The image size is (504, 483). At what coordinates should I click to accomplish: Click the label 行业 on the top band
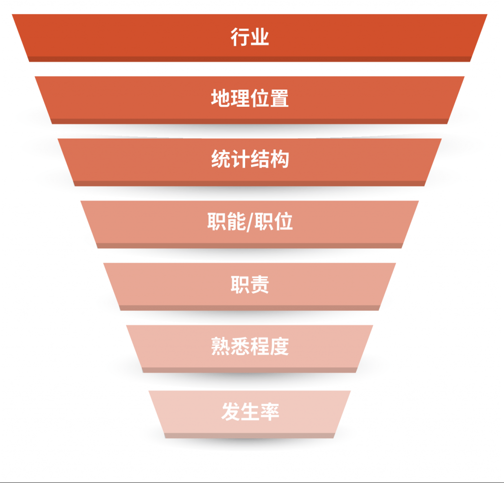tap(250, 37)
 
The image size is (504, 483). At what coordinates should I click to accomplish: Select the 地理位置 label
tap(250, 99)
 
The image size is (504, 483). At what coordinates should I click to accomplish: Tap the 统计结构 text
tap(250, 160)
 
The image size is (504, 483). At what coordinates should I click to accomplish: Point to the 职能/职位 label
tap(250, 222)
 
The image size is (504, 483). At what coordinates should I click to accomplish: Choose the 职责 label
tap(250, 285)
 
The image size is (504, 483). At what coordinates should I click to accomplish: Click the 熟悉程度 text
tap(250, 347)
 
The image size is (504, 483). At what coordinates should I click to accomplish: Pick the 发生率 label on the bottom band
tap(250, 411)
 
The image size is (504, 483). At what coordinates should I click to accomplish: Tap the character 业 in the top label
tap(260, 37)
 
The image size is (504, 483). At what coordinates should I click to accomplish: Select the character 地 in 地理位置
tap(220, 99)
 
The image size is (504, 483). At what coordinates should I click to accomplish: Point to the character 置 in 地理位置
tap(279, 99)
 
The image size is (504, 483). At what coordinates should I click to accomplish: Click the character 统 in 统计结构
tap(220, 160)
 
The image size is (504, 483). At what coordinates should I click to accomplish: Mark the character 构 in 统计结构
tap(279, 160)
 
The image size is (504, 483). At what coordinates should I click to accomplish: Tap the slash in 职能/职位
tap(250, 223)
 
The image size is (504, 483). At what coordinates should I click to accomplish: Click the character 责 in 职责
tap(260, 285)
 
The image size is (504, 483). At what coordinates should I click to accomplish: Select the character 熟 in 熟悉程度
tap(220, 347)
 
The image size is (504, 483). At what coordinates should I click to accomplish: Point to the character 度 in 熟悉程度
tap(279, 347)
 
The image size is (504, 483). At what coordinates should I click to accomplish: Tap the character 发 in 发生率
tap(230, 411)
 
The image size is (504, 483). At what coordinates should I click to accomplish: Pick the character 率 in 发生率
tap(269, 411)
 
